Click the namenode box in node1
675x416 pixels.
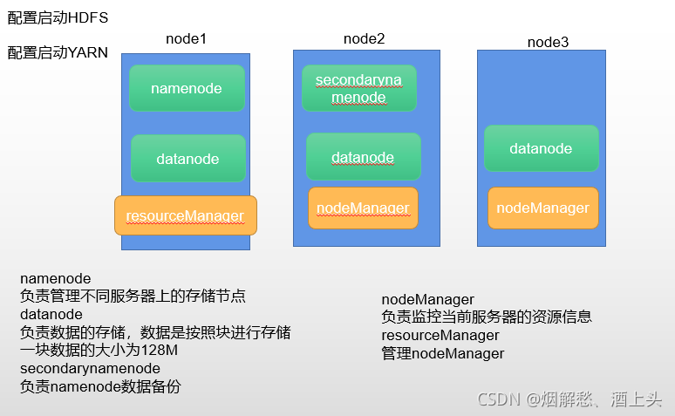click(x=186, y=88)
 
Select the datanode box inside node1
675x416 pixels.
click(x=187, y=159)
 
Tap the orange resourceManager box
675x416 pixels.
click(x=185, y=215)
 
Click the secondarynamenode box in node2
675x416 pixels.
click(x=358, y=88)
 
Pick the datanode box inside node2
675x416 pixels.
click(x=363, y=157)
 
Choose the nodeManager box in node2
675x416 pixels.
click(x=363, y=208)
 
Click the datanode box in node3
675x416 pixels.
click(x=541, y=148)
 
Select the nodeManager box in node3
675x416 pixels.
click(x=542, y=208)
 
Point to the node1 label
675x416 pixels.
click(x=186, y=39)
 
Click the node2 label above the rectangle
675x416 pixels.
click(x=364, y=38)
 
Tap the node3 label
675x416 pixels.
click(x=548, y=42)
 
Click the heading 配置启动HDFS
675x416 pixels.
click(x=58, y=17)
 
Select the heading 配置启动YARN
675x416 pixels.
click(x=58, y=52)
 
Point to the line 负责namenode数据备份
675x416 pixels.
click(x=100, y=386)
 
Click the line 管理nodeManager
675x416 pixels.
click(x=443, y=353)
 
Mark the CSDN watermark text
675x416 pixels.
click(x=569, y=399)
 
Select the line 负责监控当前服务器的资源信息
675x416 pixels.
click(x=487, y=317)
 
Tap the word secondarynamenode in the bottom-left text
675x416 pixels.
click(x=90, y=368)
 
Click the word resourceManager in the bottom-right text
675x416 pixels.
click(x=440, y=335)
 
